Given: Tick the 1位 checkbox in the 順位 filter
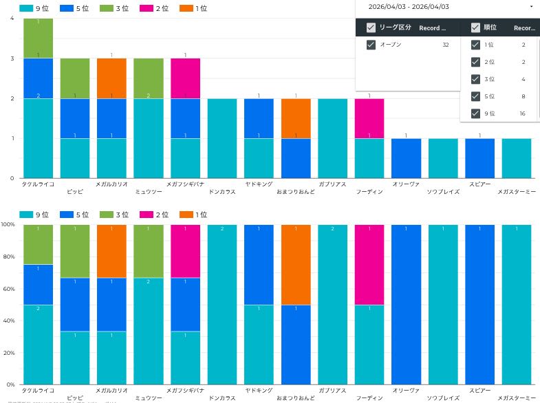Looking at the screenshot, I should click(475, 45).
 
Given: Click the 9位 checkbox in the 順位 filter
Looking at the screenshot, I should click(475, 113).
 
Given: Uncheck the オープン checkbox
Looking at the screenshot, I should click(371, 45).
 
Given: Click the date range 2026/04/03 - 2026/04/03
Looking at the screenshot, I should click(409, 6).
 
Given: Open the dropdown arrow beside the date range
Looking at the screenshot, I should click(531, 6).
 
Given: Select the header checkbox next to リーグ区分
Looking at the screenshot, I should click(371, 28).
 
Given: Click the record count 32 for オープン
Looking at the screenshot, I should click(446, 45).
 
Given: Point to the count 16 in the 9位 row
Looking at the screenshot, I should click(523, 113).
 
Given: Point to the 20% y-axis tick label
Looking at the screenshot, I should click(8, 353).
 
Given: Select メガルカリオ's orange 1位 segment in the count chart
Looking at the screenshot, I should click(111, 78).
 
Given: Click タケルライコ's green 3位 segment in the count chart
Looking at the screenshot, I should click(39, 39).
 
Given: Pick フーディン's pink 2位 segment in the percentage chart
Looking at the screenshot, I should click(369, 265).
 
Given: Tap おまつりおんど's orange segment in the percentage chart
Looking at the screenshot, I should click(296, 265).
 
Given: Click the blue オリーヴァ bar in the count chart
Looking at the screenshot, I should click(406, 158).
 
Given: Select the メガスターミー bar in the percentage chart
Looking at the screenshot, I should click(517, 304).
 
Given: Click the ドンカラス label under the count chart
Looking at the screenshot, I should click(222, 192).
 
